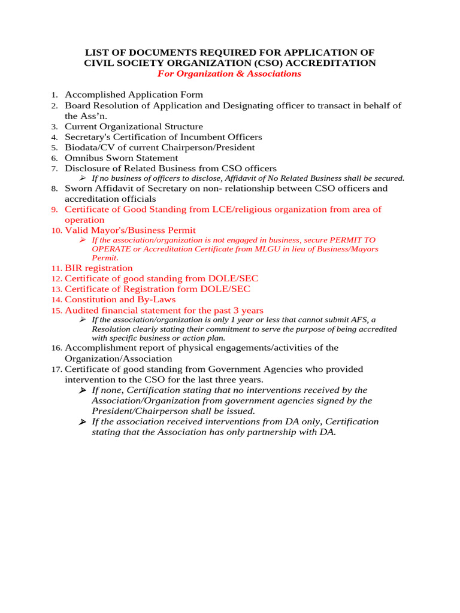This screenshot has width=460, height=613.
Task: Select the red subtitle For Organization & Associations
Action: pyautogui.click(x=229, y=74)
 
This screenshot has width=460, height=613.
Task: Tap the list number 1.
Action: pyautogui.click(x=54, y=95)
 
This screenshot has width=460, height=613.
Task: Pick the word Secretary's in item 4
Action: pyautogui.click(x=89, y=137)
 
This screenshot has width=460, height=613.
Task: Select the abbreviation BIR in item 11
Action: pyautogui.click(x=74, y=268)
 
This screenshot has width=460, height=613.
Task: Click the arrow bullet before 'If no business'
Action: pyautogui.click(x=83, y=178)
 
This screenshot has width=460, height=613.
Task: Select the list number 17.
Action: pyautogui.click(x=56, y=369)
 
